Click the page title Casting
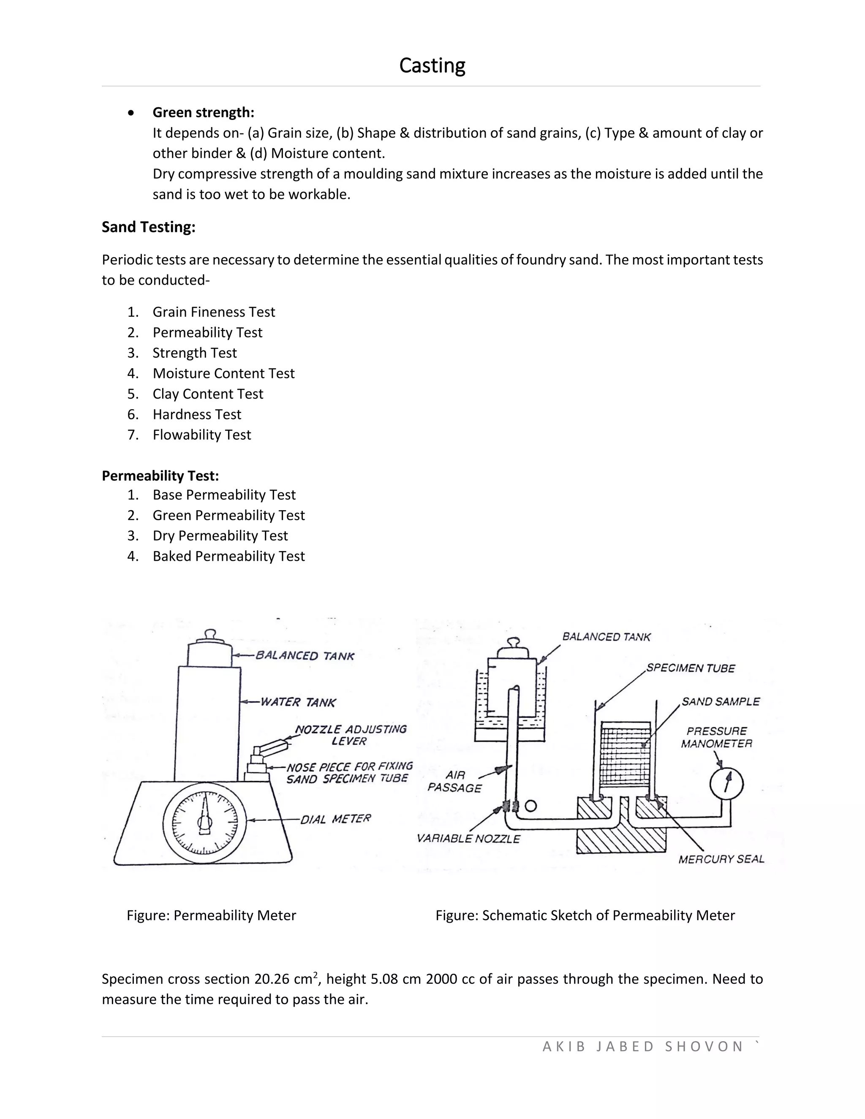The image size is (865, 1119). [x=432, y=65]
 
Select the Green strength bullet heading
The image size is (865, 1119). [x=203, y=112]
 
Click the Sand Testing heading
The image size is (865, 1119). [x=149, y=227]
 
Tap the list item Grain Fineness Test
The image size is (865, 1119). [x=214, y=312]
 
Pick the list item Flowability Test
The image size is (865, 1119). [x=201, y=435]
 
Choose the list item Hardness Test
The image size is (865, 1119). [x=197, y=415]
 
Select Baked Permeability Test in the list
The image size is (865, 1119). [x=228, y=557]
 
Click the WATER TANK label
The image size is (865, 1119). [x=298, y=702]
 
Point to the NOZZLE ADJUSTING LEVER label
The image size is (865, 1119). [x=351, y=735]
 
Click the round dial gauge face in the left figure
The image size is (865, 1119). [x=205, y=823]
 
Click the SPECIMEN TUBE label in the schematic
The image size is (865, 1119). [x=690, y=668]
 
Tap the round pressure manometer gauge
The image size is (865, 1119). [x=726, y=783]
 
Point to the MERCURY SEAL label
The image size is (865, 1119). [x=721, y=859]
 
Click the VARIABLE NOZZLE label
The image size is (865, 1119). [x=468, y=839]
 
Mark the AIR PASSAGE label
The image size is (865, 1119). [x=454, y=781]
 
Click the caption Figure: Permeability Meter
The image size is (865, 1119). [x=211, y=915]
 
